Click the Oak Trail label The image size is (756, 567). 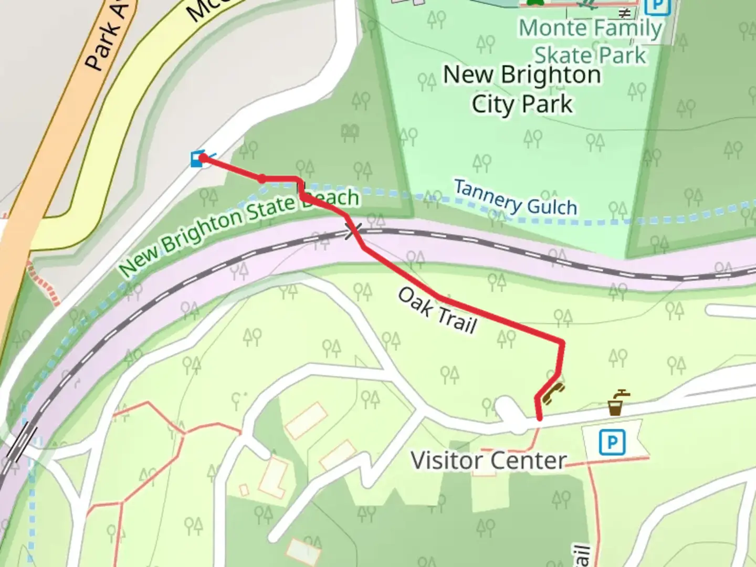(437, 310)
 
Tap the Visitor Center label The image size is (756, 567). (488, 460)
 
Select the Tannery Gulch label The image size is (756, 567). (515, 197)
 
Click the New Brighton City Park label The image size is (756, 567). (522, 89)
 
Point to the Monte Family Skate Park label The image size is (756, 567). (590, 41)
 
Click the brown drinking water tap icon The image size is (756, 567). (617, 403)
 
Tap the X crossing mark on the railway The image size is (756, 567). (353, 230)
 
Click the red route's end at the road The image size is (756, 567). (540, 418)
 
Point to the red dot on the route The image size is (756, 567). (262, 179)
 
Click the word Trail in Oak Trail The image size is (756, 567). (457, 319)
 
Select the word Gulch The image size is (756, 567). (552, 206)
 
